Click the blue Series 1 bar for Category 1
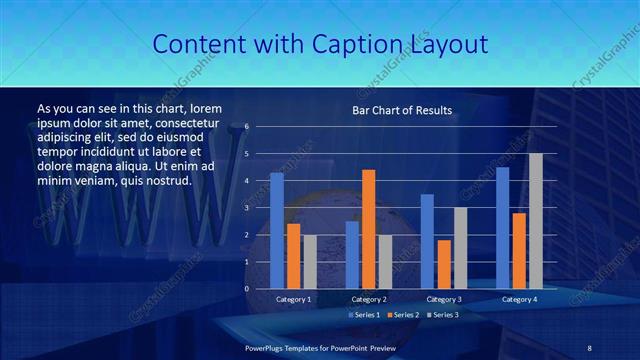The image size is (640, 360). [x=277, y=231]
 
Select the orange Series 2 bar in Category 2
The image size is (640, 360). [x=368, y=229]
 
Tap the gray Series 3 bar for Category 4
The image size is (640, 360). [x=536, y=221]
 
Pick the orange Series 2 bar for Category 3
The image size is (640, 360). [x=444, y=264]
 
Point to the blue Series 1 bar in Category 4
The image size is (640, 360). [x=502, y=228]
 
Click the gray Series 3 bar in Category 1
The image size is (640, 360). [x=310, y=262]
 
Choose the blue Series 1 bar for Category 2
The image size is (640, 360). [x=352, y=255]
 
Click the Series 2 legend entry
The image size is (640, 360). [x=400, y=315]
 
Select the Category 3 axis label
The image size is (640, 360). [x=444, y=299]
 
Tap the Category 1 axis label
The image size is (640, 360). [x=294, y=299]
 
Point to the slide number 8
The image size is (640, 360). [x=589, y=347]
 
